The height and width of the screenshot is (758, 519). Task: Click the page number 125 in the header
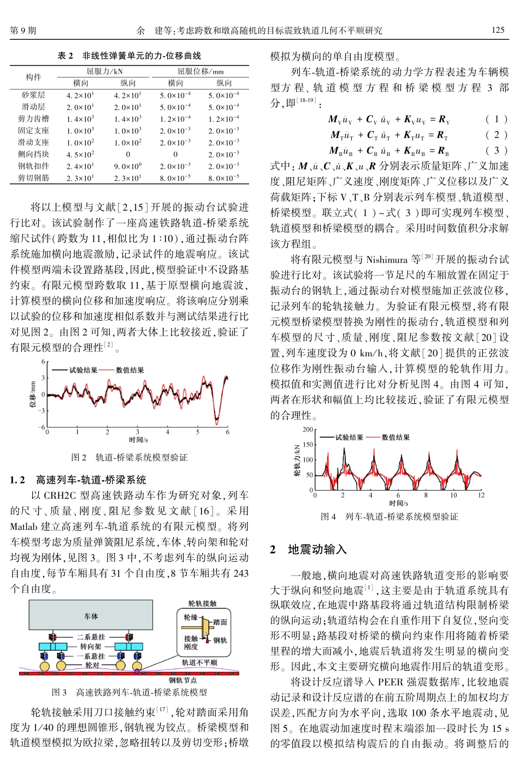click(498, 30)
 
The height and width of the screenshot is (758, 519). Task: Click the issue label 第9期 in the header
click(23, 31)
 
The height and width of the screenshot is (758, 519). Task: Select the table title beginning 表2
click(129, 56)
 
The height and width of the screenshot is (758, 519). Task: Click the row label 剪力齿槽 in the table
click(33, 118)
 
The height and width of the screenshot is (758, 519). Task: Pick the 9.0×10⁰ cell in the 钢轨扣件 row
click(128, 166)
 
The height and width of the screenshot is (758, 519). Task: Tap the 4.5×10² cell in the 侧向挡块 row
click(80, 154)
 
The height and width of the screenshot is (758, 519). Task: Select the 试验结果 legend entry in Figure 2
click(83, 370)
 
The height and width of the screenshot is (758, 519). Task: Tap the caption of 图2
click(129, 457)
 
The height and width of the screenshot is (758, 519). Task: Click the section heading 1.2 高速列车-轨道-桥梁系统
click(78, 480)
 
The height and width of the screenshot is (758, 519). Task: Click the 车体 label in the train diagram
click(91, 616)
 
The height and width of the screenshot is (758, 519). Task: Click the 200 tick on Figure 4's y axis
click(308, 430)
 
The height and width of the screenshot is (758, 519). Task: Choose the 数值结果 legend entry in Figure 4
click(395, 437)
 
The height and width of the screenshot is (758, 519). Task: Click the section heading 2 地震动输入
click(309, 550)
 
